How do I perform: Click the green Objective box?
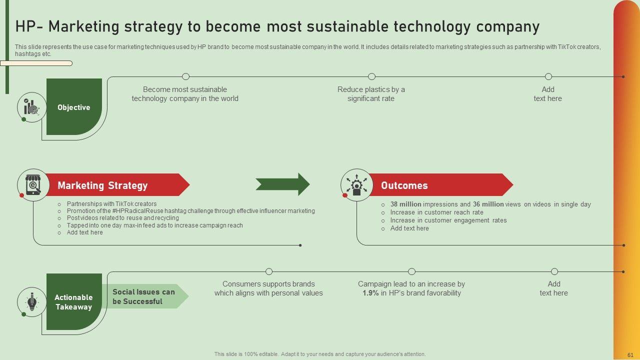coord(74,106)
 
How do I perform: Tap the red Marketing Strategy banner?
coord(117,185)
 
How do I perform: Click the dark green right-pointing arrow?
coord(282,184)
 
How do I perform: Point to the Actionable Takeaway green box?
coord(74,301)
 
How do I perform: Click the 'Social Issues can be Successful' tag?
coord(145,296)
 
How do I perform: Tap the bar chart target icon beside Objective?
coord(31,107)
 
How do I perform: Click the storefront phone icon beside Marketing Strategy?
coord(33,185)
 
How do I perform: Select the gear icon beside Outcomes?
coord(356,185)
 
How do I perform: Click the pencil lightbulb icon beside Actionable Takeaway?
coord(31,301)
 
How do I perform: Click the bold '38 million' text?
coord(405,204)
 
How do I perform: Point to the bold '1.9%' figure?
coord(370,293)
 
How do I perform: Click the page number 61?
coord(630,355)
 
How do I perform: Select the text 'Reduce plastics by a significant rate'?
coord(371,94)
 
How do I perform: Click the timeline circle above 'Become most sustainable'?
coord(185,76)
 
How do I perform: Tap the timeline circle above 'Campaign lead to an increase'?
coord(411,271)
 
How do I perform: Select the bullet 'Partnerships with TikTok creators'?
coord(111,203)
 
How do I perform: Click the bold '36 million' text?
coord(488,204)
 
